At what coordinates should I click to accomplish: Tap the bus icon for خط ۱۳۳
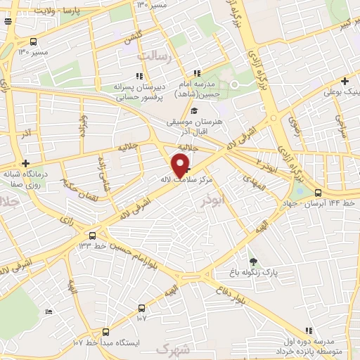pyautogui.click(x=94, y=234)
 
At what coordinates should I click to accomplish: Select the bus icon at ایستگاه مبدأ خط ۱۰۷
pyautogui.click(x=106, y=331)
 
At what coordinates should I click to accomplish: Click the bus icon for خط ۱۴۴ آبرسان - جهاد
pyautogui.click(x=319, y=193)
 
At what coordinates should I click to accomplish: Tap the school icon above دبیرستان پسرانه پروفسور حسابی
pyautogui.click(x=139, y=76)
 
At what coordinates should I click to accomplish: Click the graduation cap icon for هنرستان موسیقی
pyautogui.click(x=194, y=110)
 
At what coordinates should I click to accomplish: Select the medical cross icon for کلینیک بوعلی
pyautogui.click(x=345, y=81)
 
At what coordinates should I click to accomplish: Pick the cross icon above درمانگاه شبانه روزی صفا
pyautogui.click(x=26, y=162)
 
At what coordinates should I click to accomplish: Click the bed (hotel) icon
pyautogui.click(x=49, y=311)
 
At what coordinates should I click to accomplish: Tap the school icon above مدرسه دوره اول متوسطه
pyautogui.click(x=308, y=330)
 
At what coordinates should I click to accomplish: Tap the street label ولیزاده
pyautogui.click(x=84, y=127)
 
